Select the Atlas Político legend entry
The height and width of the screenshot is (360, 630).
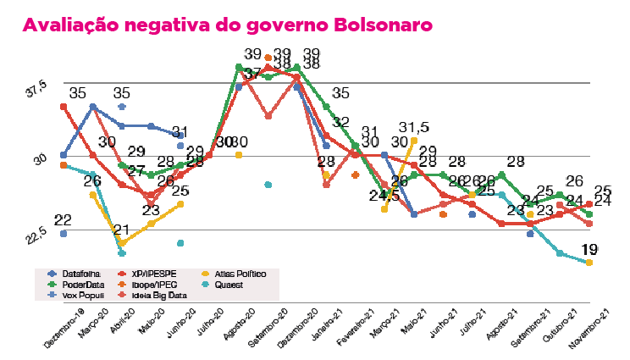tap(238, 274)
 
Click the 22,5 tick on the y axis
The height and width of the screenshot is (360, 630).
tap(34, 235)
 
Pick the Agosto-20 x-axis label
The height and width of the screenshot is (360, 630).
tap(241, 330)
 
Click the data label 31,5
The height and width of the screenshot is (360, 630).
tap(414, 128)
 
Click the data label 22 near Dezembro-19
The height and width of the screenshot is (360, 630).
tap(62, 220)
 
